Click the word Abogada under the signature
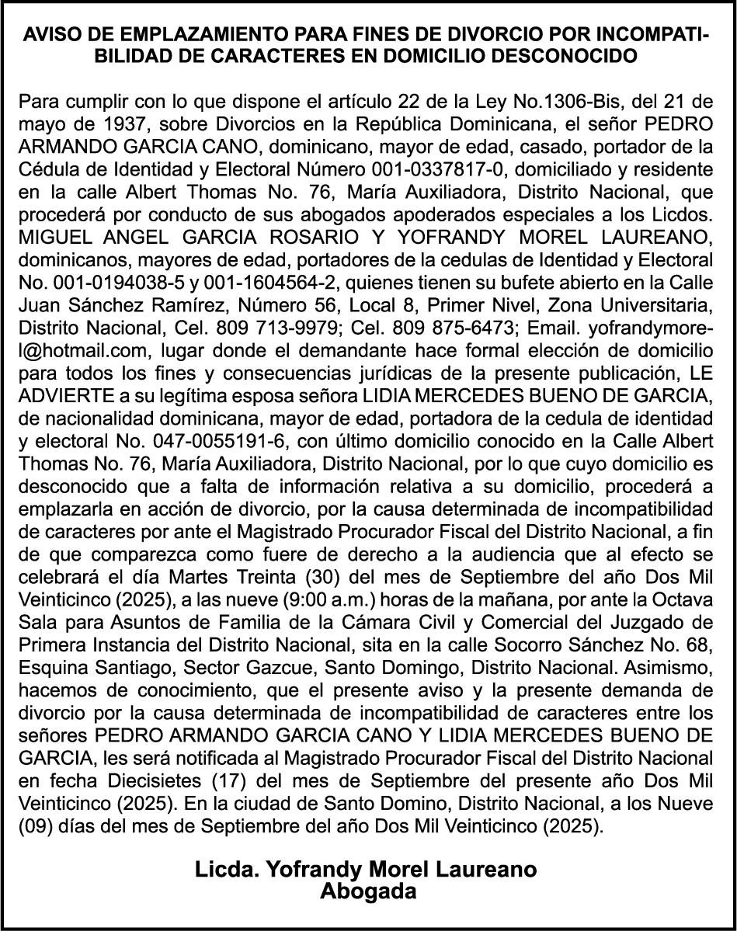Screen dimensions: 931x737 (368, 891)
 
